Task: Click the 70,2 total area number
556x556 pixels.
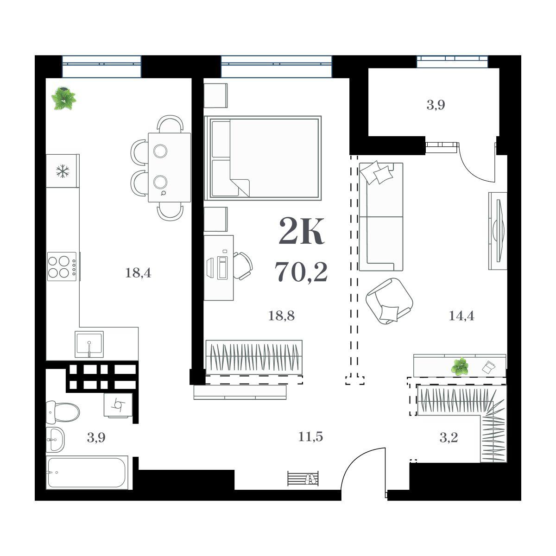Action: pos(301,272)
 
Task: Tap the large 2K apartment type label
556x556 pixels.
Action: pos(301,231)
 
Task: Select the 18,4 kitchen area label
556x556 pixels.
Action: pos(138,273)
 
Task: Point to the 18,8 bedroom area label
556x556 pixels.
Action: pos(281,316)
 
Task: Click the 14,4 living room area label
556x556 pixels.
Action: pos(461,316)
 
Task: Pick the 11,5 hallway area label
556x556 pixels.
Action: pos(310,437)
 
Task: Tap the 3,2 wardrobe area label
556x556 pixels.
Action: pos(449,438)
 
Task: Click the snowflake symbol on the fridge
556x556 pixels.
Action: pos(63,171)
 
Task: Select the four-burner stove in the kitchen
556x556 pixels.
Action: pos(63,266)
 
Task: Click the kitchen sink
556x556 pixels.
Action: pos(89,344)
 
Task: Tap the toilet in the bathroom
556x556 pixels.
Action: pos(63,412)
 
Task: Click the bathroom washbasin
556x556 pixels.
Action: pos(55,440)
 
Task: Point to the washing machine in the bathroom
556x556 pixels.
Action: pos(118,404)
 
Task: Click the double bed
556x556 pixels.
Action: pos(263,158)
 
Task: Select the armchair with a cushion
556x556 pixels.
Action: pos(389,301)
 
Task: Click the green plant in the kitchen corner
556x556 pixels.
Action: pos(63,98)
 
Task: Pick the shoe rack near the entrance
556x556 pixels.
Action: pos(303,478)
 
